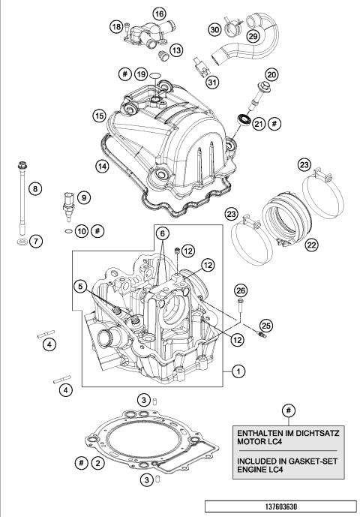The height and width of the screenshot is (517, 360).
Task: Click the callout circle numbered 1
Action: [238, 370]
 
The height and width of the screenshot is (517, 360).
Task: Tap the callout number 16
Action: [159, 14]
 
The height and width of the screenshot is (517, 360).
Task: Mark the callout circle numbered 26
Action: [240, 290]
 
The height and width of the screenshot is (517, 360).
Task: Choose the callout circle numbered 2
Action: [97, 464]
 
